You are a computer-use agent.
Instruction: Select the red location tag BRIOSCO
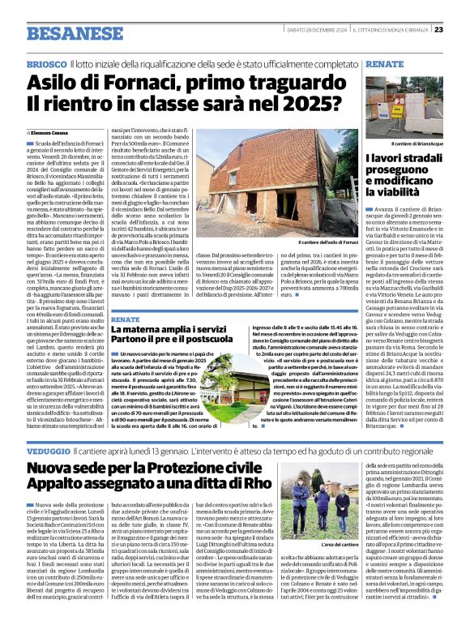(x=45, y=63)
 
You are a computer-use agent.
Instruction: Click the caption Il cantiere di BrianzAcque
(x=412, y=143)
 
